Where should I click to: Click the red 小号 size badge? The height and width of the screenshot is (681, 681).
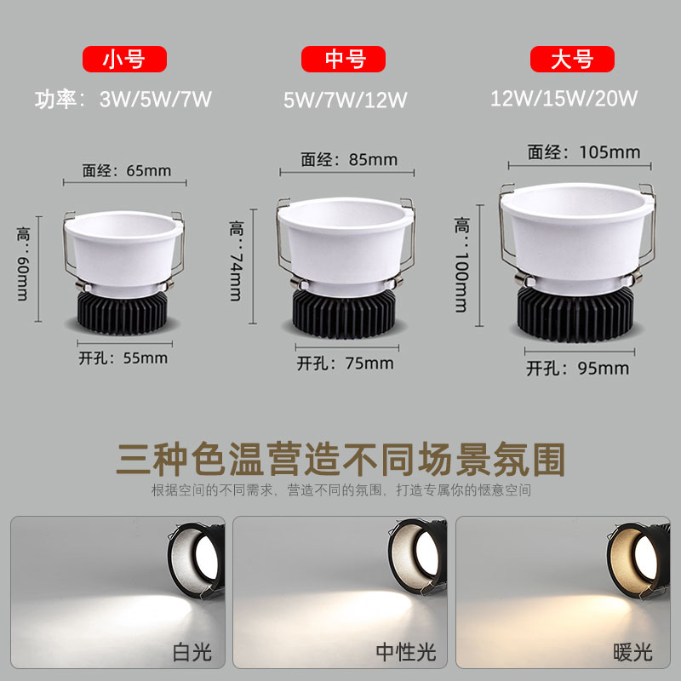point(123,60)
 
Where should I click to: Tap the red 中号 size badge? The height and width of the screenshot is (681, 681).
point(344,60)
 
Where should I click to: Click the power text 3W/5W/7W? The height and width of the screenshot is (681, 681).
point(156,98)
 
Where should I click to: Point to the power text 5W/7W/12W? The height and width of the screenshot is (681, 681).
point(346,100)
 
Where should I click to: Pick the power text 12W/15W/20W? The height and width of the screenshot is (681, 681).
point(564,98)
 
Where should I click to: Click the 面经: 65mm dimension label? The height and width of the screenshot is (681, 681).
point(127,170)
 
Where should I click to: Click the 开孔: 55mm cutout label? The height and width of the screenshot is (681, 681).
point(124,358)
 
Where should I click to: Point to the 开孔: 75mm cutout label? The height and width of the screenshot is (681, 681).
point(346,363)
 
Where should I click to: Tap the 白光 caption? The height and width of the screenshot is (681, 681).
point(192,653)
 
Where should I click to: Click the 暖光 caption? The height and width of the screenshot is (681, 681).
point(632,653)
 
